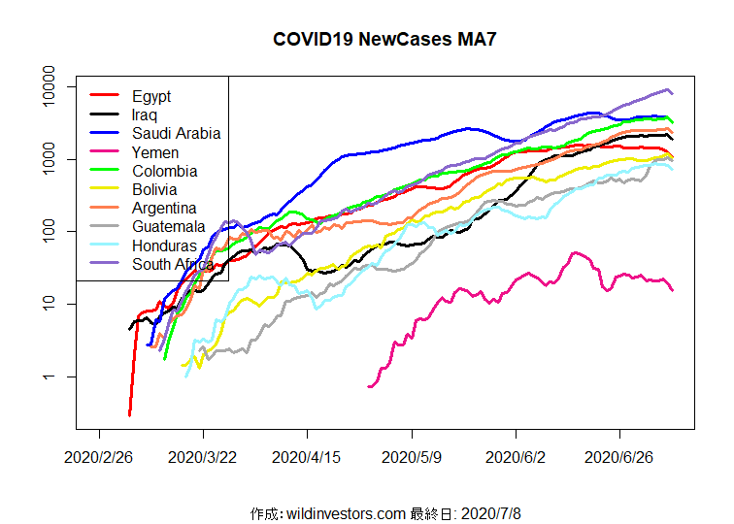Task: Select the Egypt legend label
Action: pos(151,96)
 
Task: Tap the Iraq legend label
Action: pos(146,115)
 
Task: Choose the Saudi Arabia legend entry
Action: pos(177,134)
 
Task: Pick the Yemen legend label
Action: pos(155,152)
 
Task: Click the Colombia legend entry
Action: pos(165,171)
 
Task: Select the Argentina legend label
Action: pos(165,208)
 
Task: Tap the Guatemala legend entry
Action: pos(168,227)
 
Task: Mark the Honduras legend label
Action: pos(164,246)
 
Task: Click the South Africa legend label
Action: pos(173,264)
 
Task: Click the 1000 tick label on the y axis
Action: pos(57,159)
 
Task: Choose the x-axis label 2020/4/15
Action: pos(307,455)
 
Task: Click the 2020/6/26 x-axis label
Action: pos(620,455)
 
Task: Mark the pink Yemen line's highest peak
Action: pos(577,253)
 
